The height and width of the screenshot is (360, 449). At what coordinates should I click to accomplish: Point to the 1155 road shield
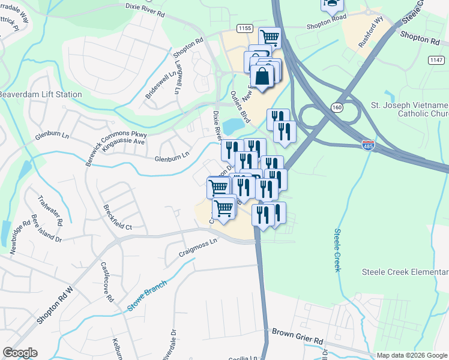[244, 28]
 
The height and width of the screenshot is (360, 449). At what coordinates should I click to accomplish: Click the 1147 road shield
[436, 59]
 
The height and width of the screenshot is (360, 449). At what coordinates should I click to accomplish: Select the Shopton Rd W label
[54, 305]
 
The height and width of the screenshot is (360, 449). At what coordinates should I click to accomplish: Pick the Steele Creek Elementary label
[405, 272]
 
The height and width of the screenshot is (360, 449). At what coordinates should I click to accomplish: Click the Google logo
[20, 353]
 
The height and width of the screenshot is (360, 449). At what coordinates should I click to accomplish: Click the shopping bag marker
[263, 77]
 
